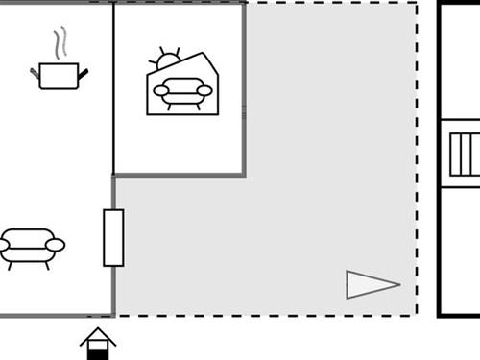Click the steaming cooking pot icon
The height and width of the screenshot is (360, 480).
pos(58,75)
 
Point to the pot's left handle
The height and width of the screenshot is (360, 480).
pos(36,71)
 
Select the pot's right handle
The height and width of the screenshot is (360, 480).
pos(83,71)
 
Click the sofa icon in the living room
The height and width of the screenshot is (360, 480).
pos(31,247)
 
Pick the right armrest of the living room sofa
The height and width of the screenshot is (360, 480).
pos(56,246)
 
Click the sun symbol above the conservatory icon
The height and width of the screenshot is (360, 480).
pos(168,58)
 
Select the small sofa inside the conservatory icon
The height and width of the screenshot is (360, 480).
pos(182,92)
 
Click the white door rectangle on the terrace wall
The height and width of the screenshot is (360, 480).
pos(113,237)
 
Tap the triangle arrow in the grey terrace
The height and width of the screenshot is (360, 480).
pos(370,284)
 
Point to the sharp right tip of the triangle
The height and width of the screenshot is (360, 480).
pos(398,283)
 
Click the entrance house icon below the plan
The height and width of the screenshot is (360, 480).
pos(98,344)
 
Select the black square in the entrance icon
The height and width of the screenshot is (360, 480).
pos(98,352)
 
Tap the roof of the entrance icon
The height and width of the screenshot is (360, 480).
pos(98,334)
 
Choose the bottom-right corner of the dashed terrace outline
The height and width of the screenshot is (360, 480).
pos(417,315)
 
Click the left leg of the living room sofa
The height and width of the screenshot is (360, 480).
pos(11,264)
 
